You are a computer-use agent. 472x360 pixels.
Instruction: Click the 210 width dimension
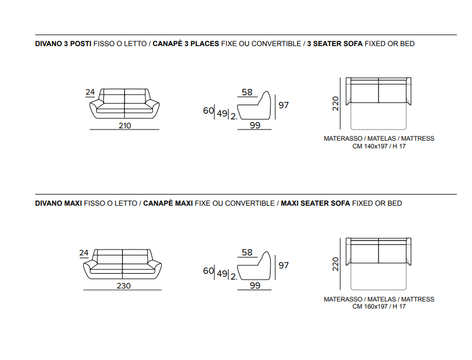coord(125,126)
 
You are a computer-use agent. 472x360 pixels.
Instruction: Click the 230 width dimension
coord(123,286)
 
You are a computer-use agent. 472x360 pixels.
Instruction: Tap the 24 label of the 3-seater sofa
coord(90,92)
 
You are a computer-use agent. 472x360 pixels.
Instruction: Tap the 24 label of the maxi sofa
coord(84,253)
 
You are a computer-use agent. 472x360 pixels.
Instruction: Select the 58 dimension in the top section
coord(247,92)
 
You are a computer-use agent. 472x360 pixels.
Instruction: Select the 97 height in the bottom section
coord(284,265)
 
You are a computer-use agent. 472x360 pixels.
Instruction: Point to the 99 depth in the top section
coord(255,125)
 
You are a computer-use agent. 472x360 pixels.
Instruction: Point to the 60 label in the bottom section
coord(209,271)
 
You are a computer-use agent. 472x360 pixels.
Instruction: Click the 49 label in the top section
coord(222,113)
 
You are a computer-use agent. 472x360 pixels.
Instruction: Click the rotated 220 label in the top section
coord(336,103)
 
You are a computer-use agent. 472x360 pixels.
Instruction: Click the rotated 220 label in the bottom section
coord(336,264)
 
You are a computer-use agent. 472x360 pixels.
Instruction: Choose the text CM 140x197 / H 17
coord(379,147)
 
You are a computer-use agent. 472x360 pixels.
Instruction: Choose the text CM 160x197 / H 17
coord(379,307)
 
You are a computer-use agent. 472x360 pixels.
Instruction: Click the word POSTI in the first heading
coord(81,44)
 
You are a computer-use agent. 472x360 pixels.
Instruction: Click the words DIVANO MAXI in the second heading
coord(58,203)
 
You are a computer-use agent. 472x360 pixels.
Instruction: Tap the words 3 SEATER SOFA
coord(335,44)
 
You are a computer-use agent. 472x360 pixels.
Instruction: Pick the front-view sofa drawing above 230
coord(122,264)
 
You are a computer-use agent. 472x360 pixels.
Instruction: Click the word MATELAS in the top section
coord(382,138)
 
